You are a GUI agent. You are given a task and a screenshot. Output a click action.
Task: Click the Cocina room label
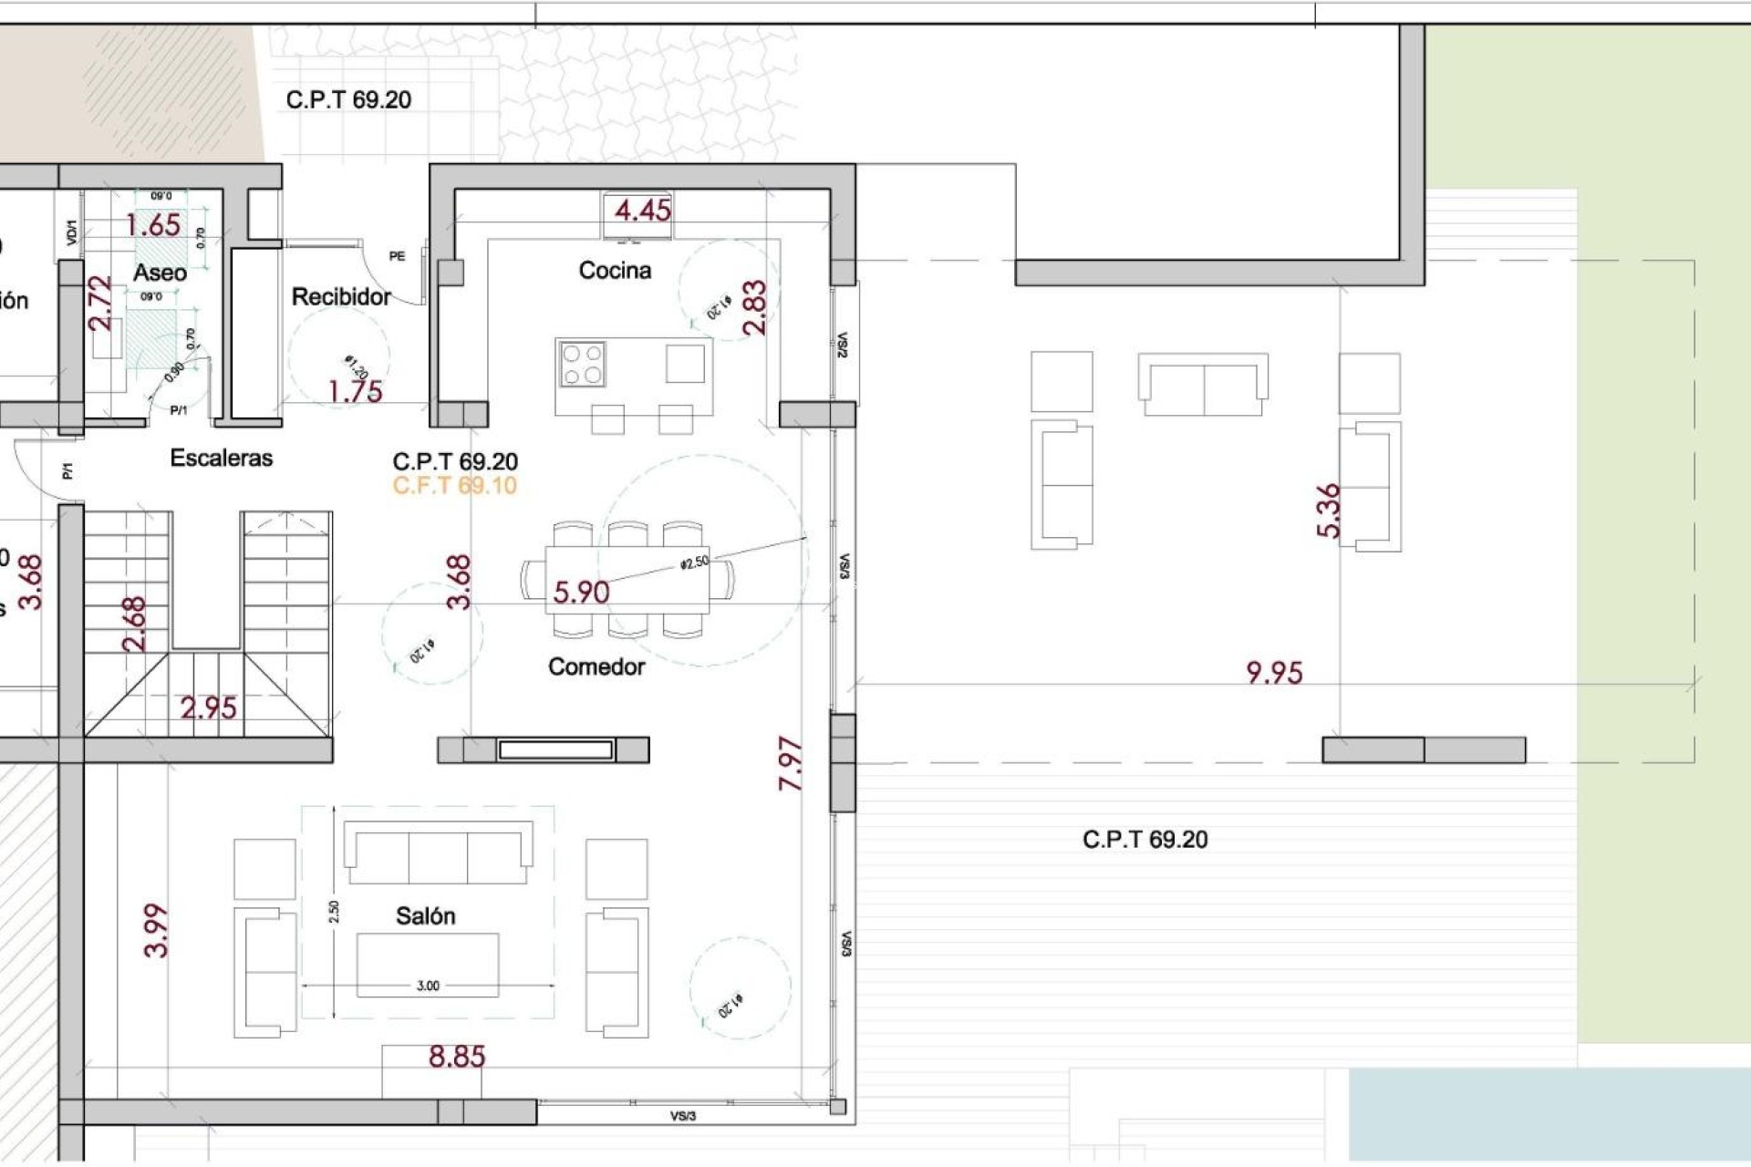click(x=615, y=271)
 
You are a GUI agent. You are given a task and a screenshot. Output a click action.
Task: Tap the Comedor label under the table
click(x=596, y=667)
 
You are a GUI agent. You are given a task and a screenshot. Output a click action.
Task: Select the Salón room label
click(x=425, y=916)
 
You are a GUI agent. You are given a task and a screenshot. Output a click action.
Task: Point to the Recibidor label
click(x=341, y=297)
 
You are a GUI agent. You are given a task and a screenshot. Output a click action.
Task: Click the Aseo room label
click(x=160, y=273)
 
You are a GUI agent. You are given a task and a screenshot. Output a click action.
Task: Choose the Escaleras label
click(x=222, y=459)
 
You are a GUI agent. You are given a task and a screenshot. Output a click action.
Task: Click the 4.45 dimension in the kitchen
click(x=642, y=211)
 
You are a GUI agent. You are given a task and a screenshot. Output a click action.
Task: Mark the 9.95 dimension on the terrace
click(x=1274, y=673)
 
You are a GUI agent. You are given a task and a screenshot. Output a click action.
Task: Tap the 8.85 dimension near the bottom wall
click(x=457, y=1057)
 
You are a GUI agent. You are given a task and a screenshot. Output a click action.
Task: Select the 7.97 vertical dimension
click(x=791, y=764)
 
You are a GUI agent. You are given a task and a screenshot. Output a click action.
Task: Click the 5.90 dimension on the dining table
click(x=581, y=593)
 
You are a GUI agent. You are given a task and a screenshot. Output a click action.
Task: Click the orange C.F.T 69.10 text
click(x=454, y=486)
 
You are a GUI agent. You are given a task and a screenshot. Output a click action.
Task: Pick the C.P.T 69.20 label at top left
click(x=348, y=100)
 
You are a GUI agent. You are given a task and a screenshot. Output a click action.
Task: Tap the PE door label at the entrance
click(x=397, y=256)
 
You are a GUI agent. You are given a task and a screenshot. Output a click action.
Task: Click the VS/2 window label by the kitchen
click(x=843, y=345)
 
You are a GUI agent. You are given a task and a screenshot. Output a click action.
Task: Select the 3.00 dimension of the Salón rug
click(x=428, y=986)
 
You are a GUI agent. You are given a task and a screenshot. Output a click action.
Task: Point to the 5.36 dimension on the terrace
click(x=1329, y=511)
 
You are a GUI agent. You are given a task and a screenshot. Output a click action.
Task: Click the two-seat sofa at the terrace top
click(x=1203, y=386)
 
